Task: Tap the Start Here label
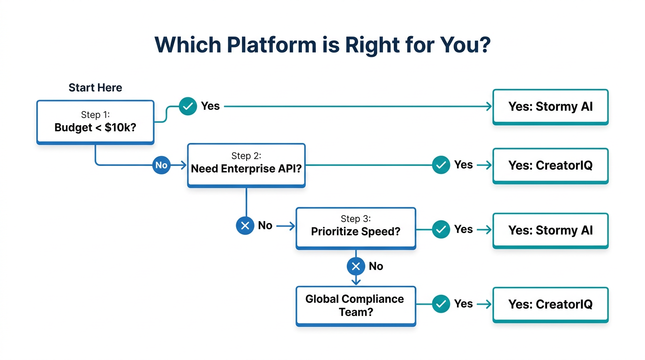pos(95,88)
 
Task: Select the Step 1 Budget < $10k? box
pos(95,121)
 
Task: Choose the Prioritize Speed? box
pos(355,227)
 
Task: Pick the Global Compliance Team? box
pos(355,305)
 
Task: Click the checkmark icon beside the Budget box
pos(187,106)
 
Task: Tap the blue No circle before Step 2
pos(161,165)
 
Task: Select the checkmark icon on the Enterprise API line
pos(441,165)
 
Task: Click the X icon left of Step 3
pos(245,226)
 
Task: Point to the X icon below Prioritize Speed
pos(356,267)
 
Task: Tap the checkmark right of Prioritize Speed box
pos(441,229)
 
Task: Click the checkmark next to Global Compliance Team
pos(441,304)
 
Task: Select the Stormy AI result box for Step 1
pos(550,106)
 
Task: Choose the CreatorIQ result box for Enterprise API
pos(550,165)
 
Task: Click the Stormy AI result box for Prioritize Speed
pos(550,230)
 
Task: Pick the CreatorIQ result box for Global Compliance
pos(550,304)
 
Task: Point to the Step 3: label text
pos(355,219)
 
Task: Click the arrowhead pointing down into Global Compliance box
pos(356,282)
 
